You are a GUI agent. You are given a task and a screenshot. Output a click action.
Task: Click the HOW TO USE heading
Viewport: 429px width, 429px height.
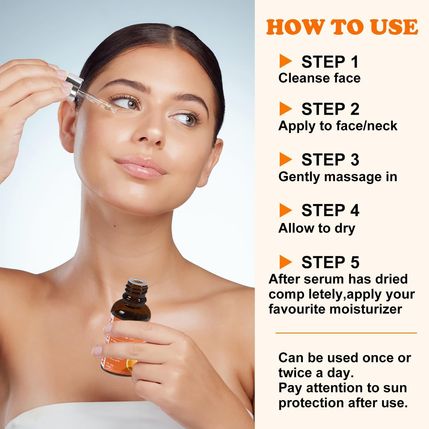pyautogui.click(x=342, y=27)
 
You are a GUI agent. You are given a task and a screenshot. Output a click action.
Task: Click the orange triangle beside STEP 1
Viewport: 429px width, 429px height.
pyautogui.click(x=285, y=61)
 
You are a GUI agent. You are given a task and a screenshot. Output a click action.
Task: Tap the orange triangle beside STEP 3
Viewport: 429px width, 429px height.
pyautogui.click(x=285, y=159)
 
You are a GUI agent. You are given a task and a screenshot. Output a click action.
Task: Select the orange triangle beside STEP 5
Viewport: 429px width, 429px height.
pyautogui.click(x=285, y=262)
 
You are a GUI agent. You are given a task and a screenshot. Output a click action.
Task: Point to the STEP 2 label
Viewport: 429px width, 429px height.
pyautogui.click(x=330, y=109)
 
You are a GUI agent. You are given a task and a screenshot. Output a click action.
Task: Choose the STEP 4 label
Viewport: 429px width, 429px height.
pyautogui.click(x=330, y=210)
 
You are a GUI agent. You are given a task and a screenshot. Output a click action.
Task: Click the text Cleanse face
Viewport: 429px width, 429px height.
pyautogui.click(x=319, y=78)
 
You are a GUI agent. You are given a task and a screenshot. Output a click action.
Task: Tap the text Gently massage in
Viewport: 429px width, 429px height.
pyautogui.click(x=337, y=177)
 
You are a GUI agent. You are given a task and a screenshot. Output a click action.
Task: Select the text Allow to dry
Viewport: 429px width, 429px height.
pyautogui.click(x=317, y=228)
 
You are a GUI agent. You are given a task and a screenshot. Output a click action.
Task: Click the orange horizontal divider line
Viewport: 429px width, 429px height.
pyautogui.click(x=346, y=333)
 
